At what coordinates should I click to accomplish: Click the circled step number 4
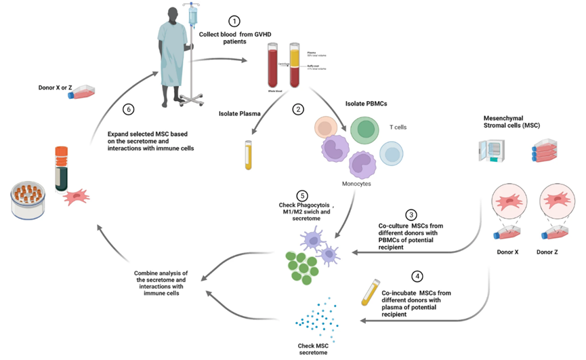417,277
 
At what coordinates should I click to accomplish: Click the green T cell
363,129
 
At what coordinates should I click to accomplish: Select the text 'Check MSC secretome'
316,350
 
